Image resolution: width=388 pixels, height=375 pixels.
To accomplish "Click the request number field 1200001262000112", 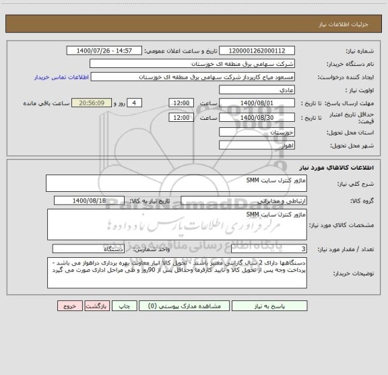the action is pyautogui.click(x=257, y=51).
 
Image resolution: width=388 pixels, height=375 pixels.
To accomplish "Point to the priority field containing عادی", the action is pyautogui.click(x=257, y=90).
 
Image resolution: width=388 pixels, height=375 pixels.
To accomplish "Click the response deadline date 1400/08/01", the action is pyautogui.click(x=257, y=102).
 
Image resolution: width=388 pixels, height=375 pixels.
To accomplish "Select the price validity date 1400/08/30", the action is pyautogui.click(x=257, y=117).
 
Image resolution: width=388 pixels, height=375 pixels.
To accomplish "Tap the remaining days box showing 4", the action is pyautogui.click(x=136, y=102).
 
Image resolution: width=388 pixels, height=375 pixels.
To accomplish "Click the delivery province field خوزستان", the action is pyautogui.click(x=257, y=133).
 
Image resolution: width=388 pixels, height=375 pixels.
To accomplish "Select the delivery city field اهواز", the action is pyautogui.click(x=257, y=145).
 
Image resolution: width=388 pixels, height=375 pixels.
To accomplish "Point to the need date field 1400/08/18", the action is pyautogui.click(x=98, y=201).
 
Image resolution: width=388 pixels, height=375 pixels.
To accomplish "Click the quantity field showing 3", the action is pyautogui.click(x=269, y=248).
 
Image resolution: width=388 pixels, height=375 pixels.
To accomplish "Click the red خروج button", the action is pyautogui.click(x=68, y=306).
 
